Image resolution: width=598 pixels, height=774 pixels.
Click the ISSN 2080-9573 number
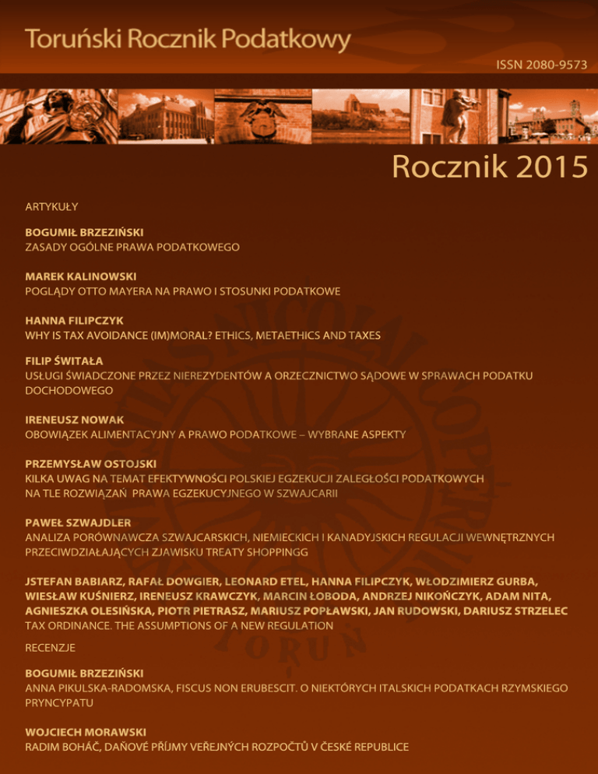tap(541, 65)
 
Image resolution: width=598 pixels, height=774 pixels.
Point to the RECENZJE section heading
tap(51, 647)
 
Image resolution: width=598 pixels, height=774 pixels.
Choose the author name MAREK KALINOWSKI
tap(82, 276)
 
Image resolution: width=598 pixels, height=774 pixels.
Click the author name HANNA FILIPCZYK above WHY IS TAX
tap(75, 321)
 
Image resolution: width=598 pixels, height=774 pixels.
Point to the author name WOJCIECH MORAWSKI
tap(86, 732)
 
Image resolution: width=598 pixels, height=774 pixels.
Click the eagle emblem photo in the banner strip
tap(262, 115)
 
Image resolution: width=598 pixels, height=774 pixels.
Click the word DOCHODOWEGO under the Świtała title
tap(69, 390)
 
